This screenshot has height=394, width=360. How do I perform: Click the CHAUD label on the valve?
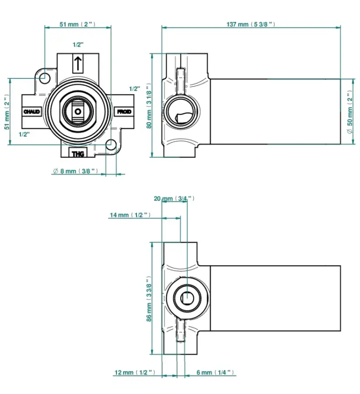pos(31,112)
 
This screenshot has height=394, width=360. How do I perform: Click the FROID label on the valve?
pos(124,112)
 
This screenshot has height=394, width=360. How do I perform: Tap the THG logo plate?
pos(78,154)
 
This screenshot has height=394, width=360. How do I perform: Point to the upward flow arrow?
pos(77,63)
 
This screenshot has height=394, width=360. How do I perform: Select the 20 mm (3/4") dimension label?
pos(174,198)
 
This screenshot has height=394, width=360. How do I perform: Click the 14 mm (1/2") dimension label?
pos(129,215)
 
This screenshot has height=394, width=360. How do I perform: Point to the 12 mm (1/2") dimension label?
pos(135,373)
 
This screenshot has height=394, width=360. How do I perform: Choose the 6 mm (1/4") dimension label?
pos(215,373)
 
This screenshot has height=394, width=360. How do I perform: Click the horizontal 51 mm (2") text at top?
pos(77,25)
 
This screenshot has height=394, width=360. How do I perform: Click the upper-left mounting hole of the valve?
pos(45,78)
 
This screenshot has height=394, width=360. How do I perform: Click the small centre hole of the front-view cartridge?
pos(78,112)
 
